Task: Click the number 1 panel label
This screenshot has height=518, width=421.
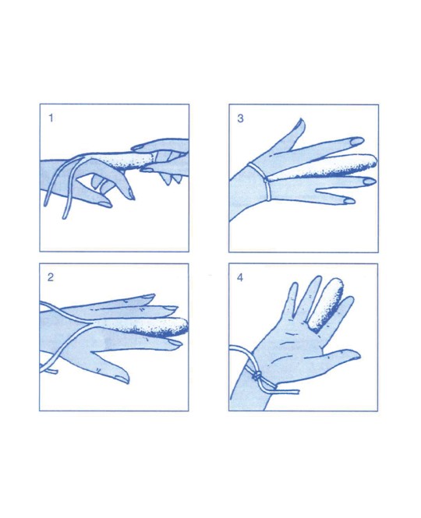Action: point(51,118)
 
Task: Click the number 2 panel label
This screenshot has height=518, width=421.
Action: point(50,277)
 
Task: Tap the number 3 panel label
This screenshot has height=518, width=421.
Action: point(240,118)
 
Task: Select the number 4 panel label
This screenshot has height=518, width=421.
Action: point(240,277)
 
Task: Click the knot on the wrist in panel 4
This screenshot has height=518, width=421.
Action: point(257,375)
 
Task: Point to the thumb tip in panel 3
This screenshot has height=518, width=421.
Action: point(301,120)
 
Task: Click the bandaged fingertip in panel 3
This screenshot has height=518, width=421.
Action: point(373,161)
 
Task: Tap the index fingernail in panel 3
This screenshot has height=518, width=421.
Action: point(356,141)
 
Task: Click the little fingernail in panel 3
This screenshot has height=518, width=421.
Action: point(349,200)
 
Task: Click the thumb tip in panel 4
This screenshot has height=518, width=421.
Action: point(357,355)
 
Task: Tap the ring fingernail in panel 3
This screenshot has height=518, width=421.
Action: point(370,181)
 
